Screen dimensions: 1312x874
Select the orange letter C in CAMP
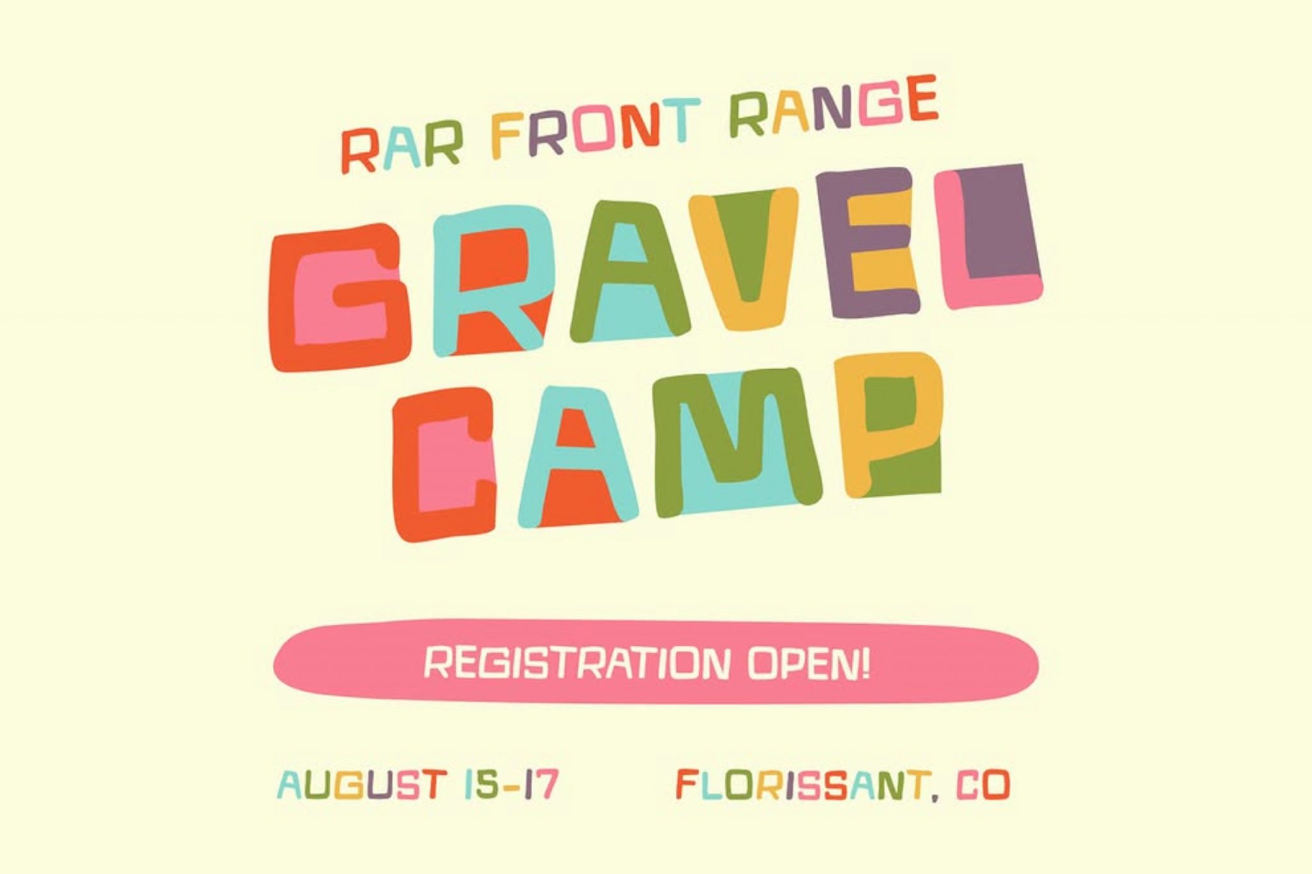(444, 464)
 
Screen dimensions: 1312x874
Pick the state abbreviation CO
(983, 785)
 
